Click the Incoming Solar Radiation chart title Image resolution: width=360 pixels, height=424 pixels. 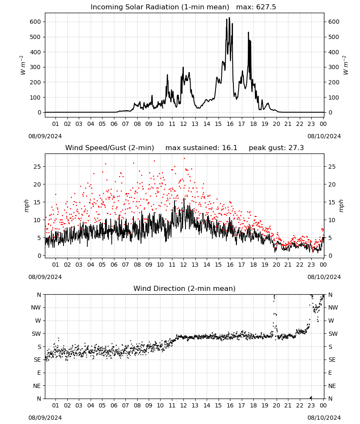point(160,7)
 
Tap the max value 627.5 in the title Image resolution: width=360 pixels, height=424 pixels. point(266,7)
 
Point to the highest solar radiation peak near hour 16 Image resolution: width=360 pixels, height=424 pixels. point(230,18)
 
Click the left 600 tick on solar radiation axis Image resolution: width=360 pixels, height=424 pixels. point(36,22)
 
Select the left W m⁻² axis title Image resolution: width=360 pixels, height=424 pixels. point(23,65)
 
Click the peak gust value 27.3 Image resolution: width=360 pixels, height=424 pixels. point(296,148)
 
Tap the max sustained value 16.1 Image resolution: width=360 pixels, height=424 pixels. point(230,148)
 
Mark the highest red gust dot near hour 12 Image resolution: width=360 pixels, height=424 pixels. point(184,158)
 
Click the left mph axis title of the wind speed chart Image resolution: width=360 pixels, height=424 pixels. point(26,206)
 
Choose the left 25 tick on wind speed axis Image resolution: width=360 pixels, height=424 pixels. point(37,167)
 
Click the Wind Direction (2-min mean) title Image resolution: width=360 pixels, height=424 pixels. point(185,288)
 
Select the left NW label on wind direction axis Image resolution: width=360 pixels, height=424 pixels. point(36,307)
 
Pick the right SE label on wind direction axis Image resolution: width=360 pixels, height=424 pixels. point(332,360)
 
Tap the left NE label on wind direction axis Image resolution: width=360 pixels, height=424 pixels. point(37,386)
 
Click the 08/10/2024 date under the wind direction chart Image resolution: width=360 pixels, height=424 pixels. point(324,418)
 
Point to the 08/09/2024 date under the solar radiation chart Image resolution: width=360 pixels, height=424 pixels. point(45,136)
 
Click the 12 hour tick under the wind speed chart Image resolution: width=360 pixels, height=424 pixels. point(183,265)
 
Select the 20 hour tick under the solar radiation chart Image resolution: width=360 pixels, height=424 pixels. point(276,124)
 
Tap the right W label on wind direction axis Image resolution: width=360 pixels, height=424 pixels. point(331,321)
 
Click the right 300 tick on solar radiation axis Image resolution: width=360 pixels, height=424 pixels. point(334,67)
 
